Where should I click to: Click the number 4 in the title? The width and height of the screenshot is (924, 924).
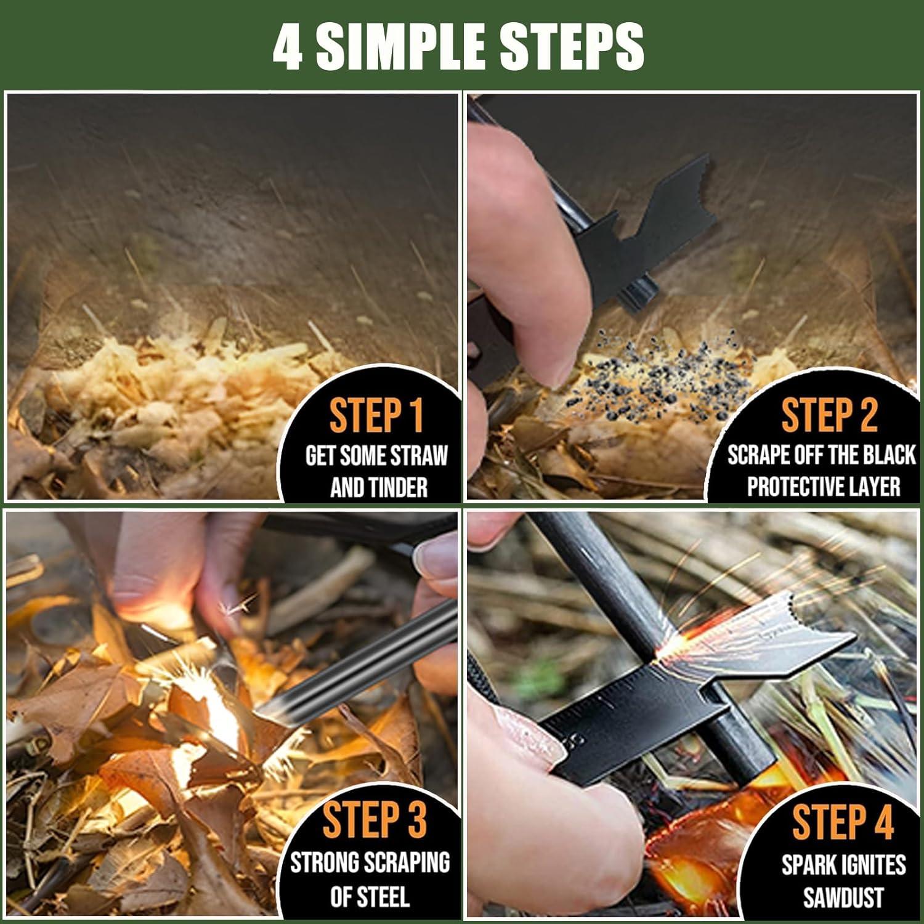tap(288, 47)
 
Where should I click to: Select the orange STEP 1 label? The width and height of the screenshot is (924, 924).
tap(376, 416)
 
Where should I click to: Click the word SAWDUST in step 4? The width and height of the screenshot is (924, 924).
tap(843, 897)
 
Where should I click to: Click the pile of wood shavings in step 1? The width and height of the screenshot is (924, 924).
tap(185, 394)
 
